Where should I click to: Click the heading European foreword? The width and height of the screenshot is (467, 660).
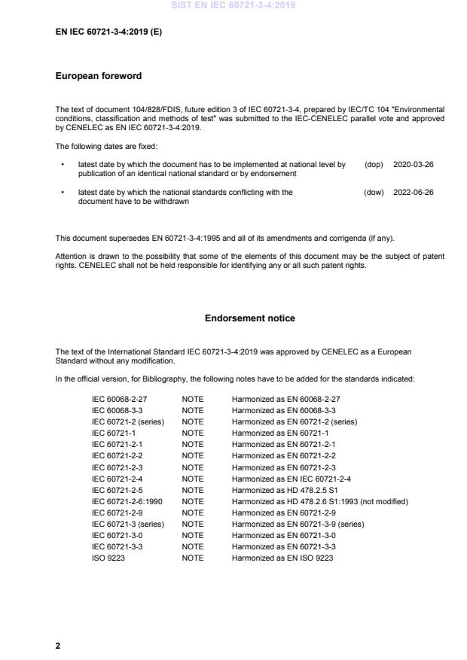99,76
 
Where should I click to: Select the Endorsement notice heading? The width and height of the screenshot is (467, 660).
249,318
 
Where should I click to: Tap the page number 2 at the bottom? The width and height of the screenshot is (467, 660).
58,645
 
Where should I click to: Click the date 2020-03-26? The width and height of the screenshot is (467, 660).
414,164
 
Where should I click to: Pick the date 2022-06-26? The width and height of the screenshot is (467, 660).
414,193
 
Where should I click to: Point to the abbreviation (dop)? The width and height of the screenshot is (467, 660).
374,164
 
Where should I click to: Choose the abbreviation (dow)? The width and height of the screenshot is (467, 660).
374,193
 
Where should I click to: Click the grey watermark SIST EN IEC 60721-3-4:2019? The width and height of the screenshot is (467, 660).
233,5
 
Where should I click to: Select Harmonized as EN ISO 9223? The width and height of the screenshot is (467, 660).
282,558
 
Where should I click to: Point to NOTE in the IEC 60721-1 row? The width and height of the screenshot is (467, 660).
193,433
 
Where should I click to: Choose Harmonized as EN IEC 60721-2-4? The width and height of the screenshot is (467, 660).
291,479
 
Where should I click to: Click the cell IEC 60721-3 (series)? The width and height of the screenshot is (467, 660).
127,524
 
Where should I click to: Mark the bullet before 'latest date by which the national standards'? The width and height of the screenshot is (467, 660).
63,193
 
